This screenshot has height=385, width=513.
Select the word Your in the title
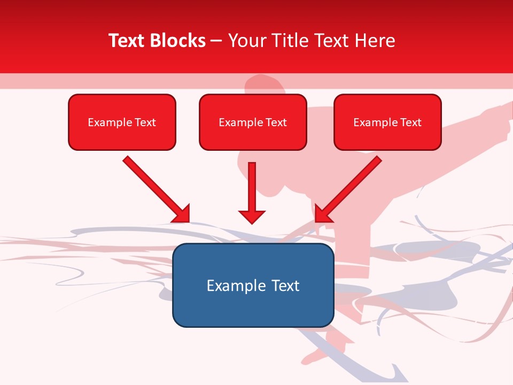tap(247, 41)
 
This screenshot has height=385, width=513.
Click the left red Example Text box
tap(122, 122)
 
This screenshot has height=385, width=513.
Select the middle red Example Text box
tap(253, 122)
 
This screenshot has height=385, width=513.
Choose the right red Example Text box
tap(387, 122)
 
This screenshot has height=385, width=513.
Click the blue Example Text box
tap(253, 286)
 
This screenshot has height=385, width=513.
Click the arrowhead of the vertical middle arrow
tap(252, 216)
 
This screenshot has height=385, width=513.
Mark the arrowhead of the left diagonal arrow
tap(181, 213)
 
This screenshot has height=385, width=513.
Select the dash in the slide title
tap(216, 41)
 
